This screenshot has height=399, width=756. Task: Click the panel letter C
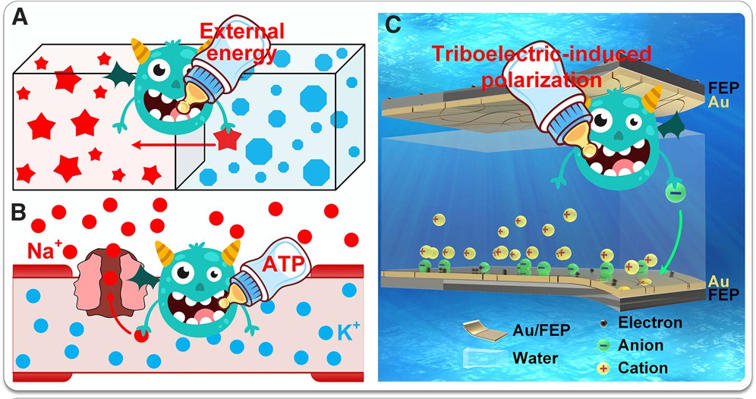coord(393,24)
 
